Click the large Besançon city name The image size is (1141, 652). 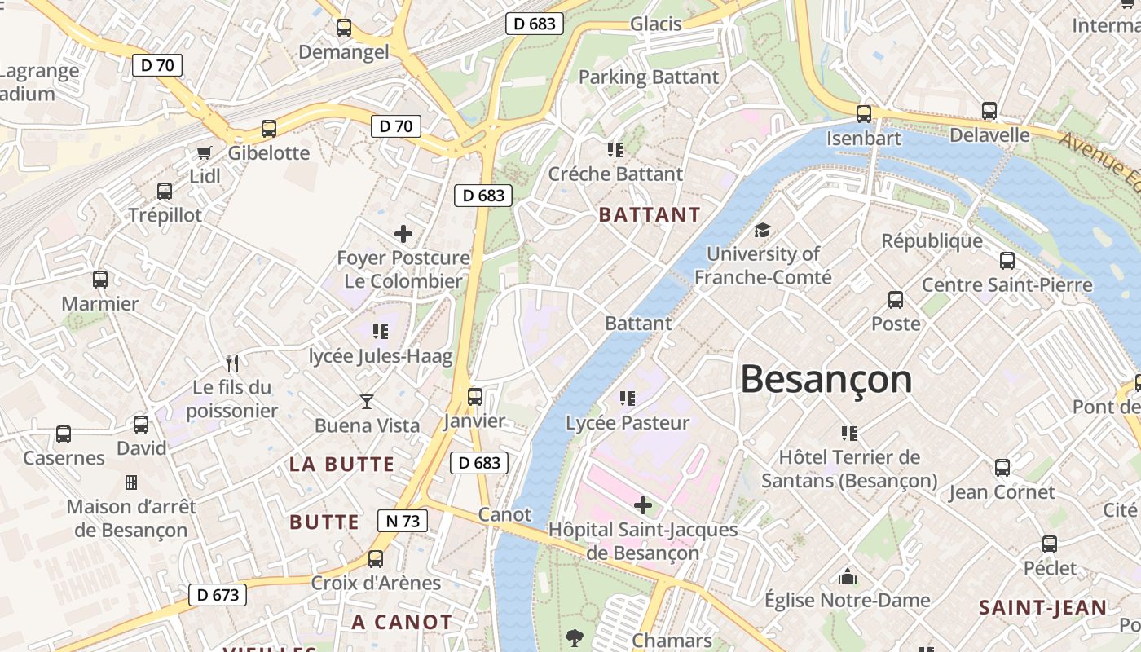coord(826,380)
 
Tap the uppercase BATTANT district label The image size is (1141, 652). coord(650,215)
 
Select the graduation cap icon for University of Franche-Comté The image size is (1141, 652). coord(762,230)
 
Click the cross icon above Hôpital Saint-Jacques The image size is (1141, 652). coord(643,505)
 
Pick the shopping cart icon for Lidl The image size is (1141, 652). coord(205,152)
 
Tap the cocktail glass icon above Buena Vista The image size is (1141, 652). coord(367,401)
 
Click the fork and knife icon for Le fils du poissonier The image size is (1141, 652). coord(232,363)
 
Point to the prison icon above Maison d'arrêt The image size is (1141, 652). coord(130,482)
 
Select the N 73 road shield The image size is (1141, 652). coord(403,521)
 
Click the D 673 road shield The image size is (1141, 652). coord(218,595)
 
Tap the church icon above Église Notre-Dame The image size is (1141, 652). coord(848,576)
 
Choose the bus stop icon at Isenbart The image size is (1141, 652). coord(864,114)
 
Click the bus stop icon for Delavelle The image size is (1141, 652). coord(989,111)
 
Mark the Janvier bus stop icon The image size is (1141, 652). coord(474,397)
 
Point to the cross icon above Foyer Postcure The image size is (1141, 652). coord(403,235)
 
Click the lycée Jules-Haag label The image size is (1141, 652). coord(381,356)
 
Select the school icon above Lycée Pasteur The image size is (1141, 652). coord(627,399)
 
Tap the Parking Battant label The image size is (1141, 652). coord(649,77)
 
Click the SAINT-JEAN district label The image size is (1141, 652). coord(1042,607)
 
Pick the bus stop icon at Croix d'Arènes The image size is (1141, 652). coord(376,559)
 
